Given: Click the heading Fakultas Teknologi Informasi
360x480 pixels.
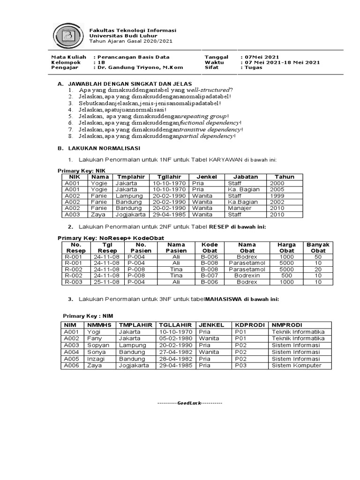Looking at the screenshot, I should click(x=126, y=30).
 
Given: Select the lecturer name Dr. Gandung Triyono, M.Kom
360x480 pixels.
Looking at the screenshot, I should click(x=140, y=67).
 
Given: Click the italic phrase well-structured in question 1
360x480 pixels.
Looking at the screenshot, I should click(x=208, y=90).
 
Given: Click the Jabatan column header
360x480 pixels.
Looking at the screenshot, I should click(x=245, y=177).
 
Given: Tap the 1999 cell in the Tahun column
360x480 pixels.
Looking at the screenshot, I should click(x=277, y=195).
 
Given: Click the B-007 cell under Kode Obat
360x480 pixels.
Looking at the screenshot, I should click(x=210, y=276).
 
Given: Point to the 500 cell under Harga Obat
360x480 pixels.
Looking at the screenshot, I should click(x=286, y=276).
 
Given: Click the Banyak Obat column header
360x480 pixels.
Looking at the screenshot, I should click(x=318, y=247).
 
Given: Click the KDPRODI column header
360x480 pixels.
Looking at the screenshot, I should click(x=250, y=325).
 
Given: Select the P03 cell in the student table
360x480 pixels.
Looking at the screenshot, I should click(x=240, y=365).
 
